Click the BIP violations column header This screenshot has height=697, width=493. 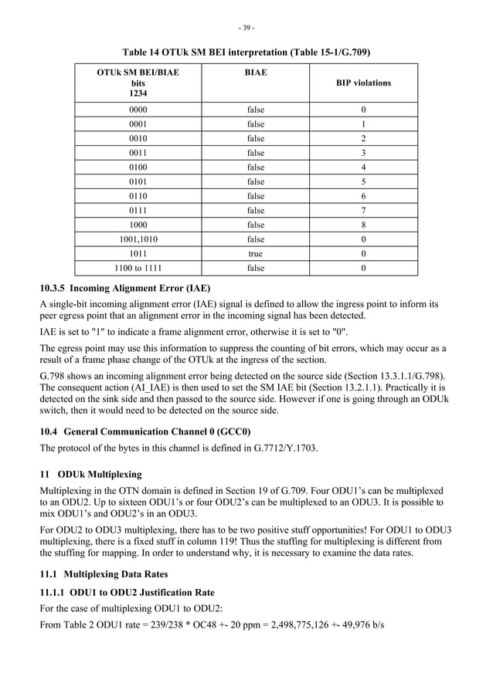tap(363, 83)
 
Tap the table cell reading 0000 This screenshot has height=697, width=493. tap(138, 110)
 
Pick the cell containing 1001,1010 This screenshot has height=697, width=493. tap(138, 239)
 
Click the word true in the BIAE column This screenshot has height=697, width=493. tap(255, 254)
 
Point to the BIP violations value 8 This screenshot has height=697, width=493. tap(363, 225)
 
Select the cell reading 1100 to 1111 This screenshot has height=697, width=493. tap(138, 269)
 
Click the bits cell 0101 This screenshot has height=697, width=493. tap(138, 181)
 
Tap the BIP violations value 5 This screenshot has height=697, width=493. tap(363, 181)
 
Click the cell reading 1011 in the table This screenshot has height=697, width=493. tap(138, 254)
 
